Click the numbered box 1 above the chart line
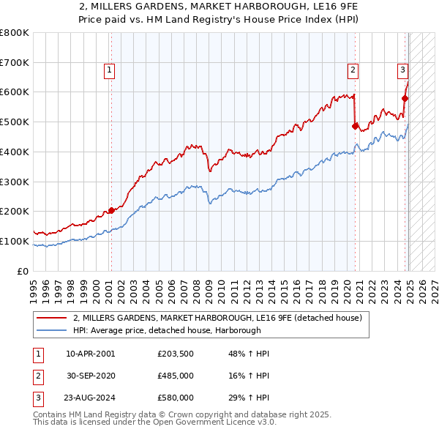pyautogui.click(x=109, y=70)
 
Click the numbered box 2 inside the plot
pyautogui.click(x=353, y=70)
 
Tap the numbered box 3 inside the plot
pyautogui.click(x=402, y=70)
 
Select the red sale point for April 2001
pyautogui.click(x=111, y=210)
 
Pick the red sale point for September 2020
pyautogui.click(x=355, y=126)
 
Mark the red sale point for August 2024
pyautogui.click(x=405, y=97)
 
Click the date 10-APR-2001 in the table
pyautogui.click(x=90, y=354)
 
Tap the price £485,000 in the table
pyautogui.click(x=176, y=376)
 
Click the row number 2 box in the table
pyautogui.click(x=37, y=376)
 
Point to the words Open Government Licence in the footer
pyautogui.click(x=223, y=422)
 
